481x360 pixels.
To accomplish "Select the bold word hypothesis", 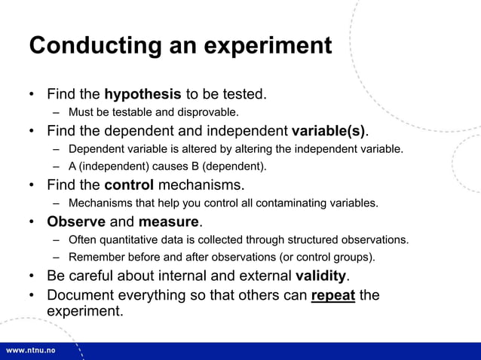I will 142,95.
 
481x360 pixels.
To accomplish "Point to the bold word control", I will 129,185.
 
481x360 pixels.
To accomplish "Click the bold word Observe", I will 76,222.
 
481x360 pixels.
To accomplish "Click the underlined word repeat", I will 332,294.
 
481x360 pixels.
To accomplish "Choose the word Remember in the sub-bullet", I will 95,258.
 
